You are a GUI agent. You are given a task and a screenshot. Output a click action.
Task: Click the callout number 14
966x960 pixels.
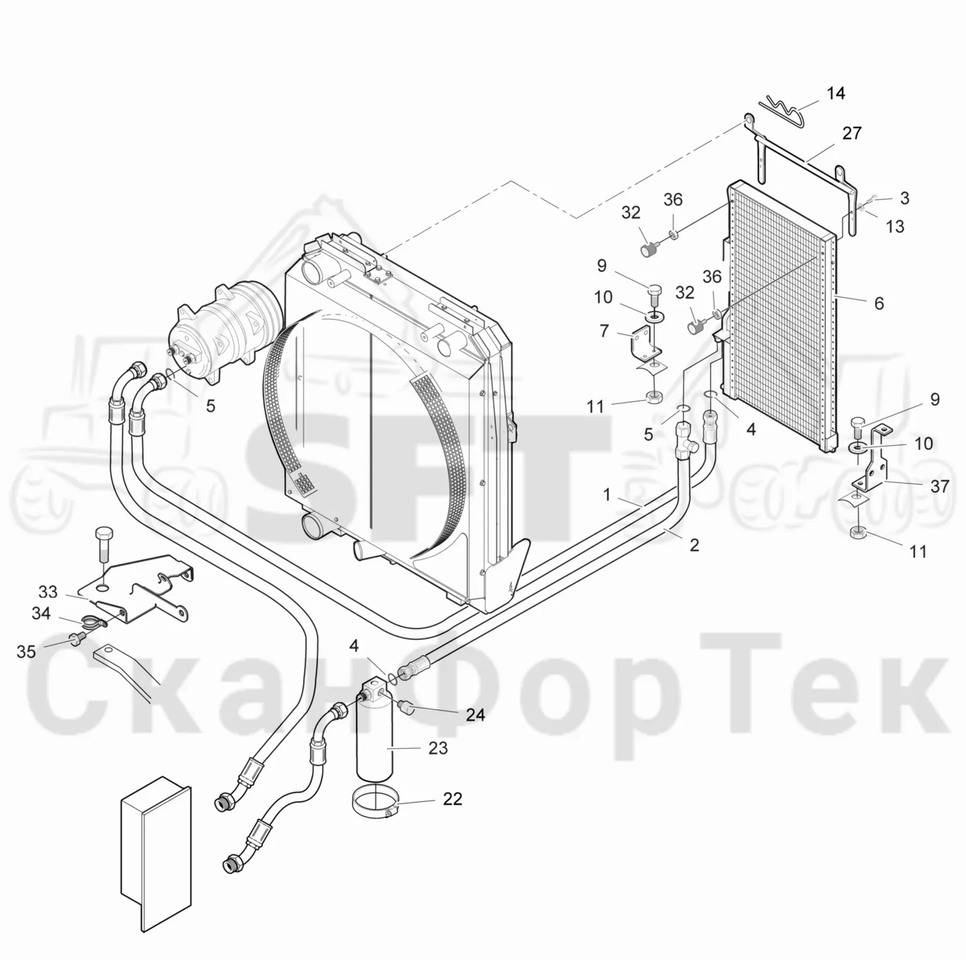point(836,93)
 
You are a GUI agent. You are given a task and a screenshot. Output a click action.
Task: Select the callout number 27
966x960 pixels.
point(851,133)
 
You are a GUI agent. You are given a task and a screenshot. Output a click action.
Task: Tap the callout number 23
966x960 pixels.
point(437,748)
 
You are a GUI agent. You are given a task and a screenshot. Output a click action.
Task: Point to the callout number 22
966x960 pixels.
point(452,799)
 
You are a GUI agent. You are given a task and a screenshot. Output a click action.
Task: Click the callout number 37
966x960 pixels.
point(939,486)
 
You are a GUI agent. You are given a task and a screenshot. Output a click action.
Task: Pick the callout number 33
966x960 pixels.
point(48,592)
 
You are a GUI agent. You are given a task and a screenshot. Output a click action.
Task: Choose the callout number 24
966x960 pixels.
point(475,715)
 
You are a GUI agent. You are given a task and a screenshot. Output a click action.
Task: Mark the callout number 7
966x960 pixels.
point(604,330)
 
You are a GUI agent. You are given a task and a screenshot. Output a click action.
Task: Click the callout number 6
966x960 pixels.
point(879,303)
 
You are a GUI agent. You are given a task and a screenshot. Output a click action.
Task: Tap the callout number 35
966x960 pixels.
point(26,651)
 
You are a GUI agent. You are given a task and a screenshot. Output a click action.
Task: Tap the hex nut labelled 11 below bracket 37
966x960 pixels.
point(859,532)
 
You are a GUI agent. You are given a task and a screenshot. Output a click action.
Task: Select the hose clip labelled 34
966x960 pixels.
point(94,621)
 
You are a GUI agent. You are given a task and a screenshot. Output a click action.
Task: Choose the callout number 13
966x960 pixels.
point(895,226)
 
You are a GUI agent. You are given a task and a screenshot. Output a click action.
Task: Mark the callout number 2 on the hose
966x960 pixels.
point(694,545)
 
